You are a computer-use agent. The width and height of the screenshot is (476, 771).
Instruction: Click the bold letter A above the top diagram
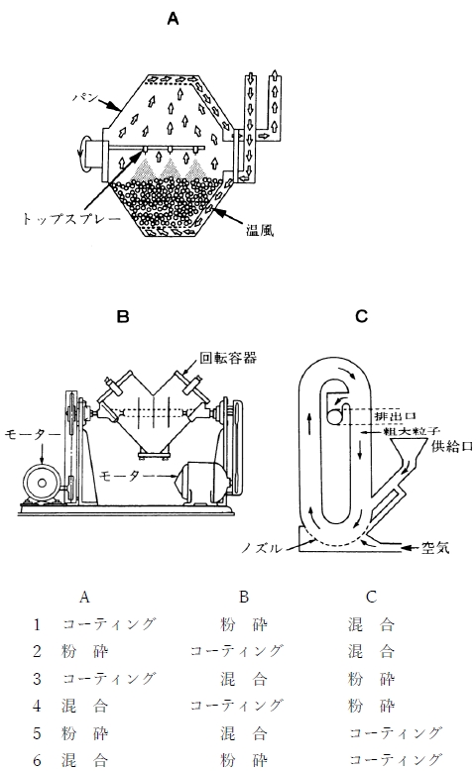tap(173, 19)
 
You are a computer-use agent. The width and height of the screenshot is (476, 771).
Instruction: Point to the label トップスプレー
tap(71, 218)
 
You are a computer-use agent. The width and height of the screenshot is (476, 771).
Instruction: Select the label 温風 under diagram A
tap(260, 229)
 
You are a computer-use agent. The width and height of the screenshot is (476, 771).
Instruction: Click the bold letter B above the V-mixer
tap(123, 316)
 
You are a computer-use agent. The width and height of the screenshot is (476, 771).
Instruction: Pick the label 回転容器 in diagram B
tap(228, 357)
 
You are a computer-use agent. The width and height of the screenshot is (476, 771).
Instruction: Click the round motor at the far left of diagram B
tap(42, 483)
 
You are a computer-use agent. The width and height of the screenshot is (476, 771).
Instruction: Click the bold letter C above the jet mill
tap(361, 316)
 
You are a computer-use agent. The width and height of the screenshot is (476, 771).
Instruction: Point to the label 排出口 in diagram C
tap(389, 416)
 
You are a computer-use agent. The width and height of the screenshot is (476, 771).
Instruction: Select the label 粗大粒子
tap(405, 431)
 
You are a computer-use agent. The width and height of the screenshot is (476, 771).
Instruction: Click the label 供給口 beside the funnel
tap(452, 446)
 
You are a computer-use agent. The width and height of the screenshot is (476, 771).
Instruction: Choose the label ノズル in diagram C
tap(262, 548)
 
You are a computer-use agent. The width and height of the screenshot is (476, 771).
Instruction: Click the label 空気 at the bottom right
tap(435, 547)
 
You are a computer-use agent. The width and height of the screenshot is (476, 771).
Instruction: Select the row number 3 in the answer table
tap(37, 679)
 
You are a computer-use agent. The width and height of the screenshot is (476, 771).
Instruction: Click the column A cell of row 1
tap(109, 624)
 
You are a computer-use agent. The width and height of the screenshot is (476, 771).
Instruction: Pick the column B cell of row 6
tap(244, 760)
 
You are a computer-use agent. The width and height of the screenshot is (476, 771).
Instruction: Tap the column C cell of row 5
tap(396, 733)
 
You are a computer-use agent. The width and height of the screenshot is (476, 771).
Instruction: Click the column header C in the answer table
tap(371, 597)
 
